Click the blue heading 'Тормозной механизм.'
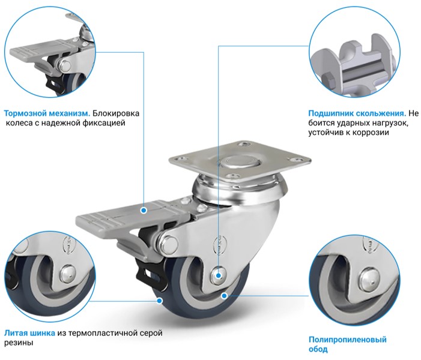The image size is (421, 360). click(x=47, y=113)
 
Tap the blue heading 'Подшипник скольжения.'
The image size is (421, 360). click(x=357, y=113)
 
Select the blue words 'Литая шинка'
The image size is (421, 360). click(x=29, y=333)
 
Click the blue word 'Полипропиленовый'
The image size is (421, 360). click(x=348, y=340)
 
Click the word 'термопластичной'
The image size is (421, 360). click(x=103, y=333)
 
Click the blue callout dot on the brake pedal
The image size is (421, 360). click(x=144, y=211)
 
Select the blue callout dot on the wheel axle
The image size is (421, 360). click(x=219, y=275)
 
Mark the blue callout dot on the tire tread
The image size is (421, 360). click(x=160, y=301)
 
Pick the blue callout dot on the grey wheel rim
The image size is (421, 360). click(x=224, y=296)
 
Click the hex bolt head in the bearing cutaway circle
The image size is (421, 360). click(x=328, y=79)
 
